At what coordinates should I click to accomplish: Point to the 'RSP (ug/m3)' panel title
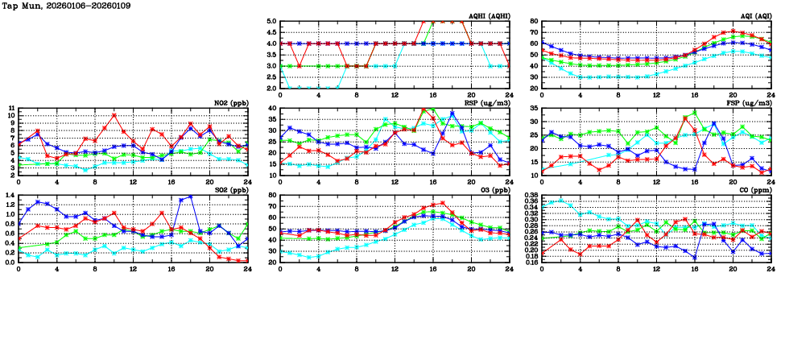click(487, 103)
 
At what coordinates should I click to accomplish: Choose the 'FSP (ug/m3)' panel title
click(749, 103)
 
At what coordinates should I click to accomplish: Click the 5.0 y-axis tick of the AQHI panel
click(271, 22)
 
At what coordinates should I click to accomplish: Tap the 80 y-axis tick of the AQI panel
click(533, 22)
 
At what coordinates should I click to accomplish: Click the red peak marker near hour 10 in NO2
click(114, 115)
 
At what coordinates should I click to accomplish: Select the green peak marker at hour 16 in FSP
click(695, 113)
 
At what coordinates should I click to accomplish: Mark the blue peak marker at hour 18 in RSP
click(452, 113)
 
